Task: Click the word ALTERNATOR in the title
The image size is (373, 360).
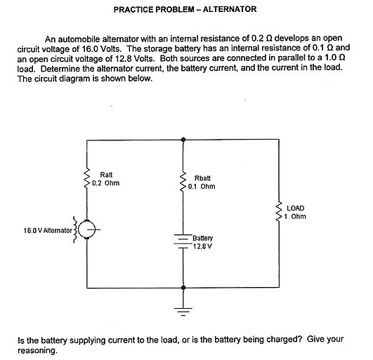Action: [x=230, y=9]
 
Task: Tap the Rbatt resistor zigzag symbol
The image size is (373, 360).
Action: [x=183, y=182]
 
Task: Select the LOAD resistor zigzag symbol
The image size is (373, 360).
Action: [x=279, y=212]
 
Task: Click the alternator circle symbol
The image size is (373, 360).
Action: [x=86, y=229]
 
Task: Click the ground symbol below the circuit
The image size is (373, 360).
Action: [x=183, y=312]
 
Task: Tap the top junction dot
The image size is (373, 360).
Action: [x=183, y=140]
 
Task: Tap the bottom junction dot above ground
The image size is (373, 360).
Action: [x=183, y=288]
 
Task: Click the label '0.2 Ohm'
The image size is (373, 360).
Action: [x=106, y=183]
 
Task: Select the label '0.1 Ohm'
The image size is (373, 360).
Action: [x=202, y=187]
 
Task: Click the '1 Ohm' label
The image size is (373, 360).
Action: [x=295, y=216]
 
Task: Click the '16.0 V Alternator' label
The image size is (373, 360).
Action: [x=48, y=230]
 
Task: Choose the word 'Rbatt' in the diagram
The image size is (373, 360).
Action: [x=202, y=178]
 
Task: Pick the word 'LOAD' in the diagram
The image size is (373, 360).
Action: [x=296, y=208]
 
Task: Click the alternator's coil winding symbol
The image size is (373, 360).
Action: [x=75, y=229]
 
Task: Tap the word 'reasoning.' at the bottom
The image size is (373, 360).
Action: [x=38, y=350]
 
